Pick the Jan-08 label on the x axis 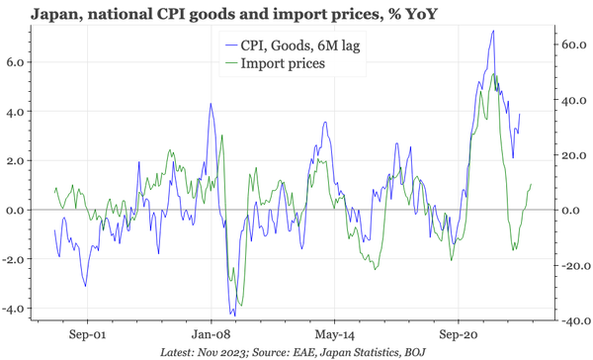[211, 333]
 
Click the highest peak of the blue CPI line [492, 32]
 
